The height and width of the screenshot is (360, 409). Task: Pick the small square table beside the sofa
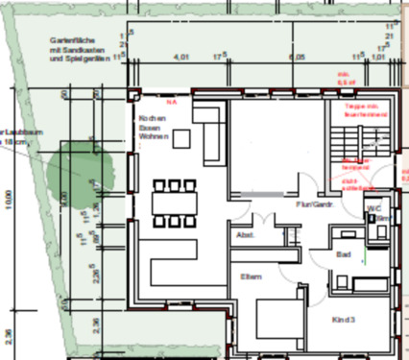pyautogui.click(x=182, y=140)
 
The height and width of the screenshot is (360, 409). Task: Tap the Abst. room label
pyautogui.click(x=244, y=234)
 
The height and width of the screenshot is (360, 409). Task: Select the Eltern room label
pyautogui.click(x=252, y=276)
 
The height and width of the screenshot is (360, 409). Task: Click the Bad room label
pyautogui.click(x=344, y=254)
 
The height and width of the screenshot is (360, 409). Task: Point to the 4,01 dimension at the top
pyautogui.click(x=180, y=57)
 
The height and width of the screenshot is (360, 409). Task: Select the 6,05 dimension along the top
pyautogui.click(x=301, y=57)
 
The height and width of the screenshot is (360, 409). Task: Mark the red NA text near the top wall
pyautogui.click(x=172, y=100)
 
